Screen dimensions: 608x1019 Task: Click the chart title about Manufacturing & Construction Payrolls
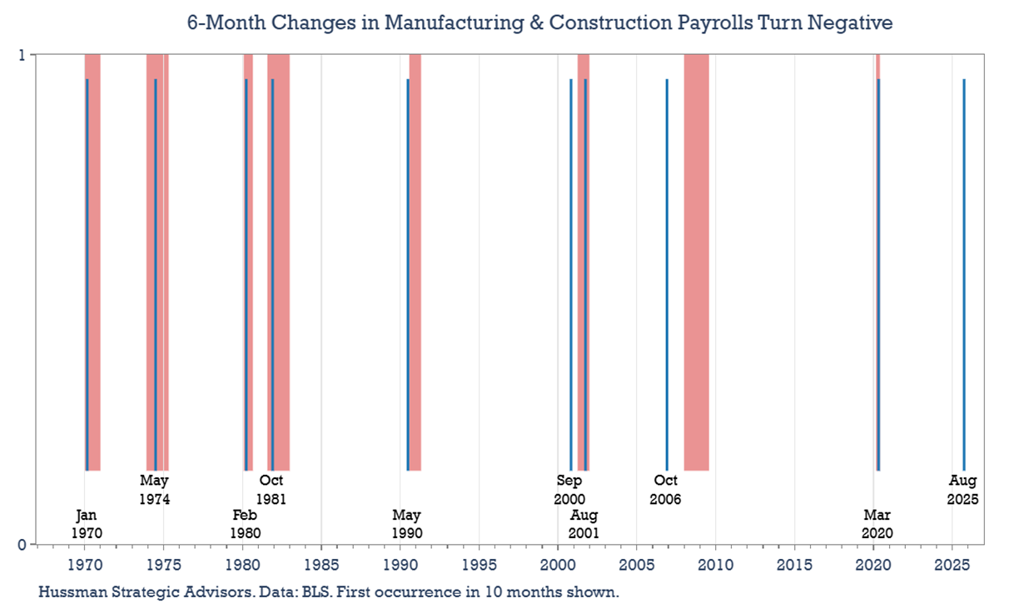point(540,22)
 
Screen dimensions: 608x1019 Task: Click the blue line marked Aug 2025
point(964,274)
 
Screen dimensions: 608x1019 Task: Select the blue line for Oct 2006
point(667,274)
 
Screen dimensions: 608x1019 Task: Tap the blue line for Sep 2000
point(570,274)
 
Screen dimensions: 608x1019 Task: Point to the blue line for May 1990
point(407,274)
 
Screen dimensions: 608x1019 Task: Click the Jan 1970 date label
point(87,524)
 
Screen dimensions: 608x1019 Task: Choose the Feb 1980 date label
point(246,524)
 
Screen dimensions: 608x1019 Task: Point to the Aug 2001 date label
point(584,524)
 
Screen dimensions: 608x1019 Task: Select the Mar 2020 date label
point(877,524)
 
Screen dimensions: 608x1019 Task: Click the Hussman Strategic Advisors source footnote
point(329,592)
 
